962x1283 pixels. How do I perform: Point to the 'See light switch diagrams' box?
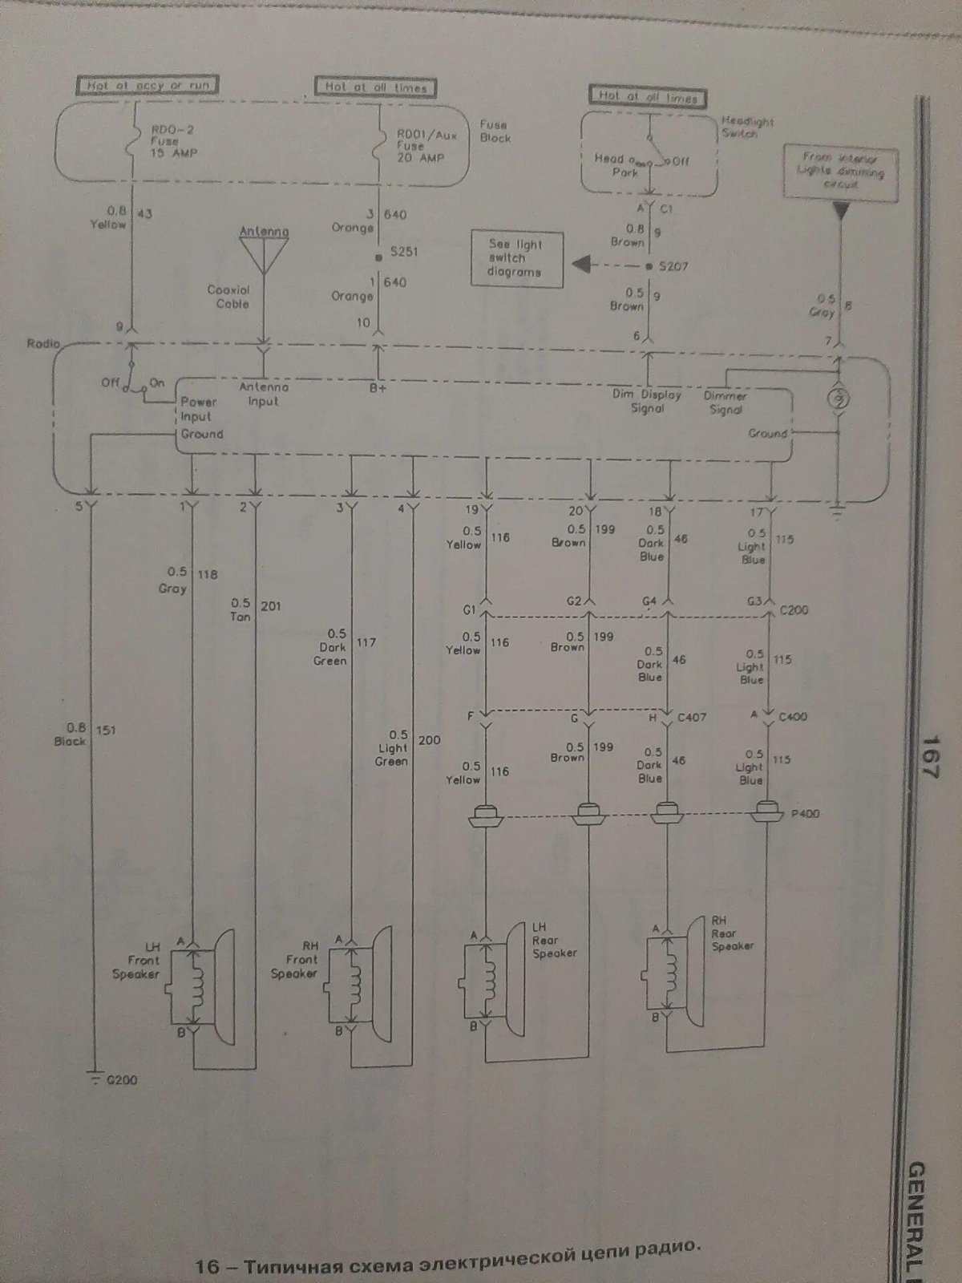pos(516,258)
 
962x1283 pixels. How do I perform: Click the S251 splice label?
pos(405,252)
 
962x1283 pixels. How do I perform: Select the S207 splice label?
pos(673,265)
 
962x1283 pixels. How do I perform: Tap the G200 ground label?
pos(120,1079)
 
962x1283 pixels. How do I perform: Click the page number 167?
pos(930,759)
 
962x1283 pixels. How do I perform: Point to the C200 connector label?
pos(793,609)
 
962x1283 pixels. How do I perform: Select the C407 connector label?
pos(692,717)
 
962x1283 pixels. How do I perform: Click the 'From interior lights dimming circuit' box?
pos(839,170)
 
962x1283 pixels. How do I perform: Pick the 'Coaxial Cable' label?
pos(228,297)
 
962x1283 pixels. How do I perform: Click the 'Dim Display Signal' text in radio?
pos(646,401)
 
